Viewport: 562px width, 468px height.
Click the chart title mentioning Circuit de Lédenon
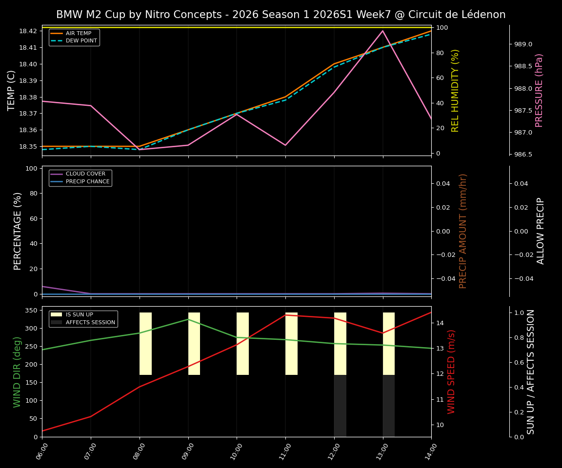click(x=281, y=15)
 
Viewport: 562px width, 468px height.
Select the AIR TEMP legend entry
click(x=79, y=34)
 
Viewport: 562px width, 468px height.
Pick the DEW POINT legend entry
click(x=81, y=41)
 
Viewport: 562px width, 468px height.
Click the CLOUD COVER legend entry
click(x=85, y=174)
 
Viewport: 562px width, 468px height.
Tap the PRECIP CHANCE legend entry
click(x=87, y=182)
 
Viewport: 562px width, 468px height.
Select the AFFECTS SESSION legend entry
click(x=90, y=322)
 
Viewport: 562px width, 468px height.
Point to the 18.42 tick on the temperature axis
click(x=27, y=31)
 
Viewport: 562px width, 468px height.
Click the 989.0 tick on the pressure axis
click(x=523, y=44)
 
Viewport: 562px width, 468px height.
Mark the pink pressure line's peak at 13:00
click(x=382, y=31)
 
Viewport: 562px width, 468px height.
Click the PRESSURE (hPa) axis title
click(x=539, y=90)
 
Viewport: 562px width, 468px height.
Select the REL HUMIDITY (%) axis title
click(x=456, y=90)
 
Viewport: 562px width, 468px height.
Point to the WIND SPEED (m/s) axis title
click(x=452, y=371)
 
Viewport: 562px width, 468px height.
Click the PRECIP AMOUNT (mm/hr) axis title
click(x=463, y=231)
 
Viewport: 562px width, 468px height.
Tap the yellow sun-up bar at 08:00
click(x=145, y=344)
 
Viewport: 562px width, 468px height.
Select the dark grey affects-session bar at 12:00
click(x=340, y=406)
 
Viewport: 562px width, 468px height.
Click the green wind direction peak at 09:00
click(x=188, y=319)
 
